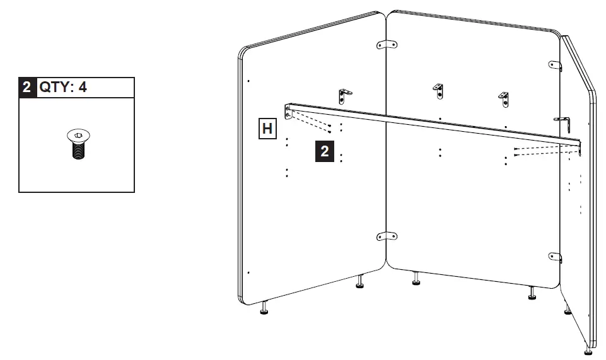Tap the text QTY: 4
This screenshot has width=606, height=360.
[x=63, y=87]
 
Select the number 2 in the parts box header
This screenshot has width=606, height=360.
[x=26, y=87]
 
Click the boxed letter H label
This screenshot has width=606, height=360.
[x=267, y=129]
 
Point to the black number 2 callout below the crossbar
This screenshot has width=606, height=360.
[x=324, y=151]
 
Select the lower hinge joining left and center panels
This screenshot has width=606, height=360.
[x=387, y=236]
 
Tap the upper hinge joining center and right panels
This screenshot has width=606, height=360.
[x=555, y=65]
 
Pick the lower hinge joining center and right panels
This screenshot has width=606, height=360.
[x=554, y=257]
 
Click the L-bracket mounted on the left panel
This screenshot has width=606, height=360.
[x=345, y=95]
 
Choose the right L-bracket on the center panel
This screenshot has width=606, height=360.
[x=503, y=97]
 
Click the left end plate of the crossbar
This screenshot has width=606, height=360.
[x=288, y=113]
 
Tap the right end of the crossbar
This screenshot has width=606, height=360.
[x=577, y=146]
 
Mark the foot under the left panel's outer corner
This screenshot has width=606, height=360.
[x=264, y=308]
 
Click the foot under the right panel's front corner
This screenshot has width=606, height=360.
[x=588, y=349]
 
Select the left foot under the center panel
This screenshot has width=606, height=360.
[x=416, y=279]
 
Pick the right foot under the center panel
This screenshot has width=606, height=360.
[x=532, y=293]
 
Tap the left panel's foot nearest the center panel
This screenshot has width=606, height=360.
[x=360, y=281]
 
